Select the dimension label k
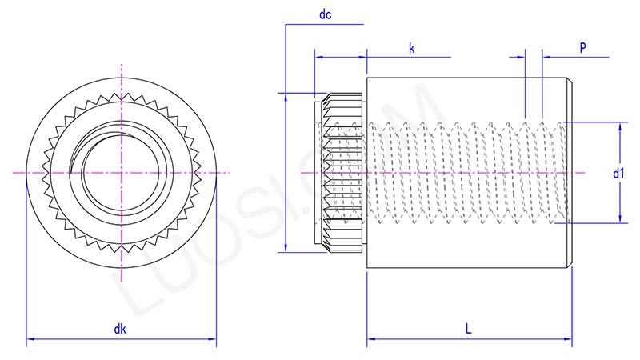click(x=412, y=48)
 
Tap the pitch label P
click(x=583, y=48)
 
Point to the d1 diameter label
click(x=618, y=173)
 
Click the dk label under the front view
click(x=120, y=329)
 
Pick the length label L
click(x=468, y=329)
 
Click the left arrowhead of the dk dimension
click(x=30, y=342)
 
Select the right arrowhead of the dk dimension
click(x=213, y=342)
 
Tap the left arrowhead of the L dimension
click(x=370, y=342)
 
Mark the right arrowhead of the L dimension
click(x=569, y=342)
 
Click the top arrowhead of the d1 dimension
click(x=620, y=126)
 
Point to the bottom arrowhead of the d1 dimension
click(x=620, y=221)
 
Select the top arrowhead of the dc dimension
click(x=286, y=95)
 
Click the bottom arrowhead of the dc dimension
click(x=286, y=248)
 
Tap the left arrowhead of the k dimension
click(x=318, y=58)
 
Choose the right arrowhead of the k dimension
click(x=363, y=58)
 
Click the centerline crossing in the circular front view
click(x=121, y=173)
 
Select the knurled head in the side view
click(x=342, y=173)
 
